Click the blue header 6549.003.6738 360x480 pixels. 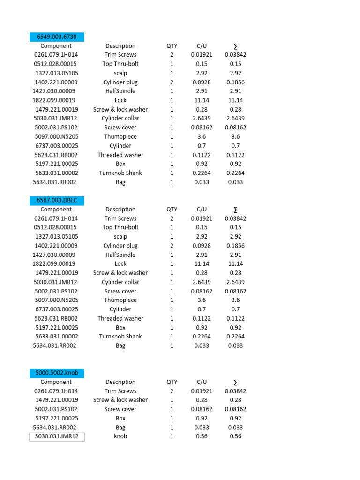click(56, 37)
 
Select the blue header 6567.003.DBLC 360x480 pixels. click(56, 200)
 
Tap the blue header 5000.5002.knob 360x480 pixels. click(56, 373)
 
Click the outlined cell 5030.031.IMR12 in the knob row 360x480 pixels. click(56, 436)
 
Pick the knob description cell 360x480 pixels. click(120, 436)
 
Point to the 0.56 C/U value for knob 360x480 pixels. click(202, 436)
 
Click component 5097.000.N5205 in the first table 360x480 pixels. click(56, 136)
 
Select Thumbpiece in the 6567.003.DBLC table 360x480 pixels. click(120, 300)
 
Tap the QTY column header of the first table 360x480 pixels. click(172, 46)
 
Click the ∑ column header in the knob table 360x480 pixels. click(235, 382)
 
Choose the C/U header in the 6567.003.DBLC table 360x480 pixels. click(202, 210)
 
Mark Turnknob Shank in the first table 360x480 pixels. click(120, 173)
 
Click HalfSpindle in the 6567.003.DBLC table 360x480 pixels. click(120, 255)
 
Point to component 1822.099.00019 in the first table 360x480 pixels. click(54, 100)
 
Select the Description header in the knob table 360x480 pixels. click(120, 382)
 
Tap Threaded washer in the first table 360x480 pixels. click(120, 155)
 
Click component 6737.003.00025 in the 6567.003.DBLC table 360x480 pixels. click(56, 309)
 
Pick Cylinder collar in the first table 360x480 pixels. click(120, 118)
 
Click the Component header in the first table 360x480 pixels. click(56, 46)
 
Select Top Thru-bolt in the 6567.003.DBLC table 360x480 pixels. click(120, 227)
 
